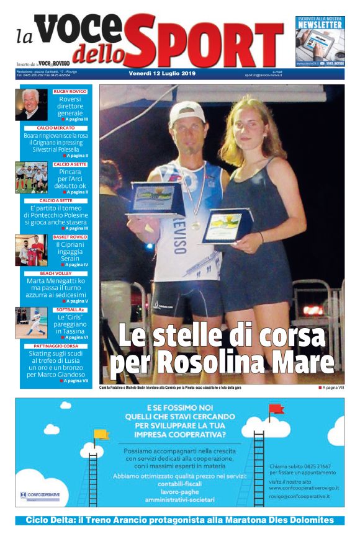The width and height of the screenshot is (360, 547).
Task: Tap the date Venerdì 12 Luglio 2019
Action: point(162,74)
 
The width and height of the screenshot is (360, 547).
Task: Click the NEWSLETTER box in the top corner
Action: point(319,42)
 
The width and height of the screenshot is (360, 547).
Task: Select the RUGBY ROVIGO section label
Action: point(70,91)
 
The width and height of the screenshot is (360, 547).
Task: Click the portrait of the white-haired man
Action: point(30,104)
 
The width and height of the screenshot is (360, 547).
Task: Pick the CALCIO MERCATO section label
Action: point(60,128)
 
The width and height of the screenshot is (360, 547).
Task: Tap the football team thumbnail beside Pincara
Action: point(31,177)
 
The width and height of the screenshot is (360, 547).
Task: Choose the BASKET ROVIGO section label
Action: point(70,237)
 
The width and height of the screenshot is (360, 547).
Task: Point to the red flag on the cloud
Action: point(276,409)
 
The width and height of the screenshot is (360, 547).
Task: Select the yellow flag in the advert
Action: point(101,434)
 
